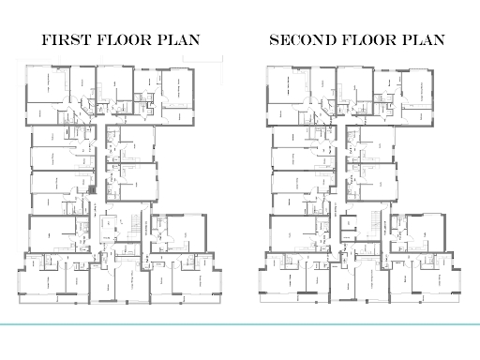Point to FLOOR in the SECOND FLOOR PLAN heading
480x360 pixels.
(369, 41)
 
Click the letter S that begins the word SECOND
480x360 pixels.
(274, 41)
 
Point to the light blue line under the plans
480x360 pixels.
(240, 323)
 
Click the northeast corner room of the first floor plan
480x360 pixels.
(178, 94)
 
